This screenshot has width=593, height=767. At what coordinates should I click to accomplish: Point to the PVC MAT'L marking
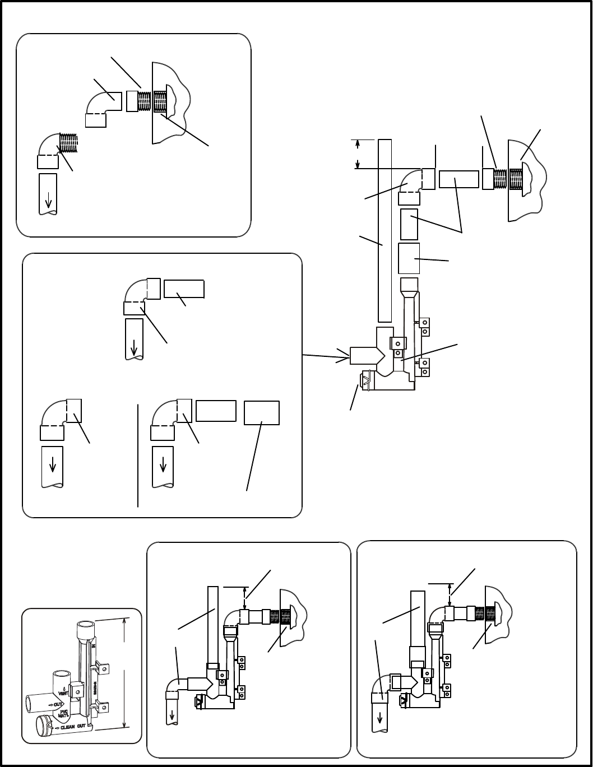[x=64, y=713]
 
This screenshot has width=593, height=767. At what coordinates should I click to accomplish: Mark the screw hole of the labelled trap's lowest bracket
[x=103, y=707]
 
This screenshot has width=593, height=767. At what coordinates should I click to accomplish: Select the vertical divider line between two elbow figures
[x=138, y=454]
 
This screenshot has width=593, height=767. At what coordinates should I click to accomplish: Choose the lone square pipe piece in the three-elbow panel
[x=262, y=413]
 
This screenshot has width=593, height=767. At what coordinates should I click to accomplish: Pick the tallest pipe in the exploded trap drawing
[x=384, y=230]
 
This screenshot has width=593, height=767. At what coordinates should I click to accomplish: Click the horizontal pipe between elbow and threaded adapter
[x=458, y=179]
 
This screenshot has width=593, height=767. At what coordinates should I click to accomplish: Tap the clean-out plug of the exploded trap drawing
[x=367, y=382]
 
